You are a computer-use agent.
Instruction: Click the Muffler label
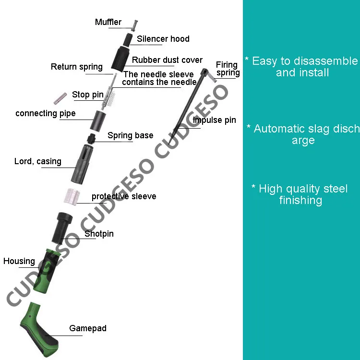(108, 22)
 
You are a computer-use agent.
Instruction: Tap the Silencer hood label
(163, 39)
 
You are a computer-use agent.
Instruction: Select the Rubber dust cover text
(167, 60)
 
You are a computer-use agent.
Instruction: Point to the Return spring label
(77, 67)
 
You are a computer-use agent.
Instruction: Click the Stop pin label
(87, 95)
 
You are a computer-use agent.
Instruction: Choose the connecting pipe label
(46, 113)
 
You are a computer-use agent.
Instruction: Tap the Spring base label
(130, 135)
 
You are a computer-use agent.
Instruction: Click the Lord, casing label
(38, 161)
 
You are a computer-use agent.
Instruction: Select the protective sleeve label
(124, 196)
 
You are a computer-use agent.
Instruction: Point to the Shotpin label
(99, 234)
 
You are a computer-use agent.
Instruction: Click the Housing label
(19, 261)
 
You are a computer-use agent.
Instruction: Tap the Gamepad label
(88, 328)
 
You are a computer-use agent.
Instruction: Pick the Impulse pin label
(214, 120)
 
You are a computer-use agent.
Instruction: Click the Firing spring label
(227, 69)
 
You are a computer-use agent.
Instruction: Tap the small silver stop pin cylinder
(59, 99)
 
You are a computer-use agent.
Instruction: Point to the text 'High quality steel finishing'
(300, 194)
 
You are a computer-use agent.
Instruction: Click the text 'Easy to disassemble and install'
(301, 67)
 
